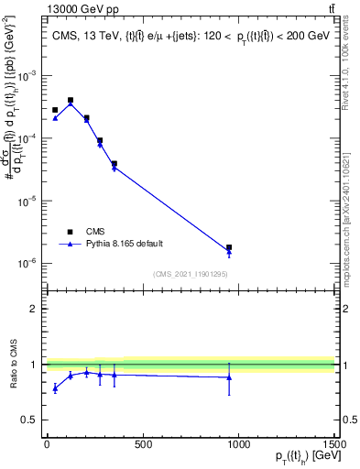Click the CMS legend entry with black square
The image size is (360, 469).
coord(96,232)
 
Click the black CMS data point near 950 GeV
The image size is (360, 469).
coord(229,247)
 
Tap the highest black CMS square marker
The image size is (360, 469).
coord(71,100)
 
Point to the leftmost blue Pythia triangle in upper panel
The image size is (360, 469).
coord(55,118)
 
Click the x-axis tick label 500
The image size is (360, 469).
coord(142,445)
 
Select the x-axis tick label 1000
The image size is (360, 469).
coord(238,445)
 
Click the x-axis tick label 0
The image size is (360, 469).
coord(47,445)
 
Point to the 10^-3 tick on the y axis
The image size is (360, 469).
coord(28,76)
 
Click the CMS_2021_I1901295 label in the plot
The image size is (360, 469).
coord(190,274)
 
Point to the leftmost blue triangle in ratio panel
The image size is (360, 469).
coord(55,388)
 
